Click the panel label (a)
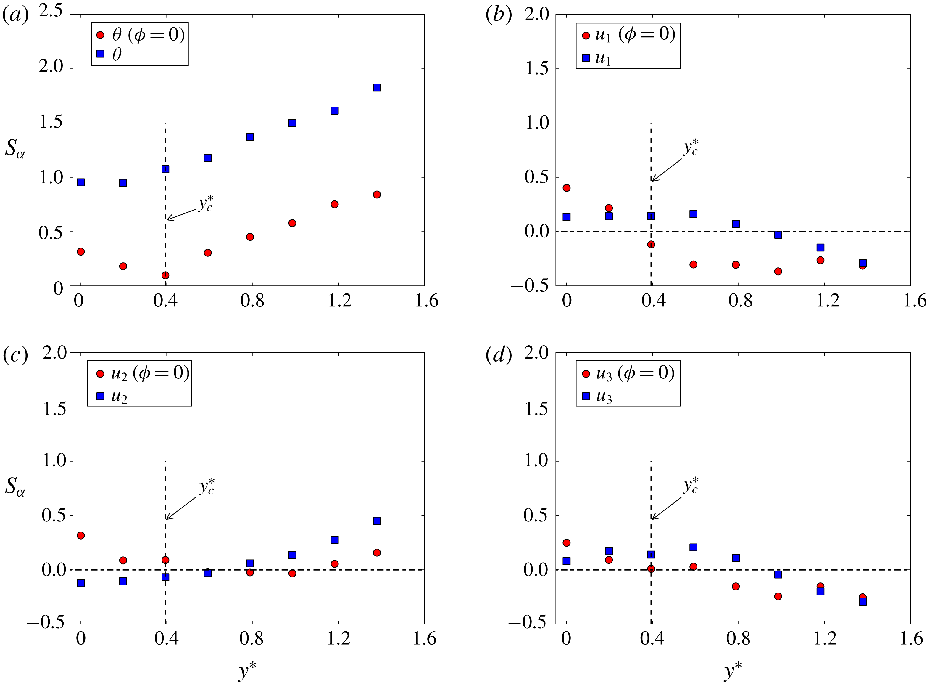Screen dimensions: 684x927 click(15, 15)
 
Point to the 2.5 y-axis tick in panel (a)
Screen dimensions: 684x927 click(51, 12)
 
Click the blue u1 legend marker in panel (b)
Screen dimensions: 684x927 click(586, 58)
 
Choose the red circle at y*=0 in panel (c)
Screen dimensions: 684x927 click(81, 535)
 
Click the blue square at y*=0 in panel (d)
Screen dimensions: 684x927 click(567, 561)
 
